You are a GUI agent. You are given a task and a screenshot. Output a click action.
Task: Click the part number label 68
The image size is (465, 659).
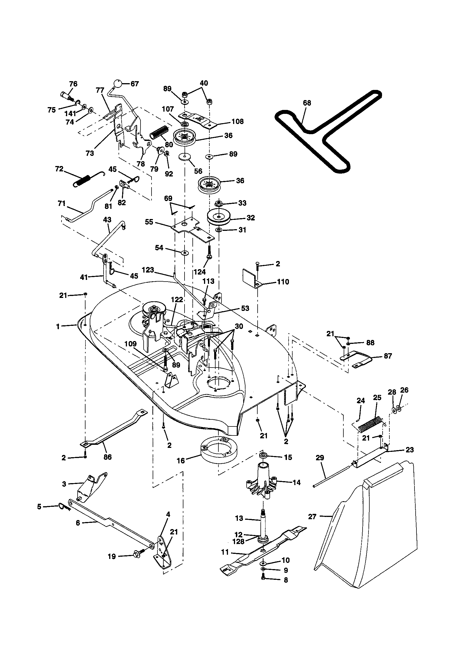pos(307,103)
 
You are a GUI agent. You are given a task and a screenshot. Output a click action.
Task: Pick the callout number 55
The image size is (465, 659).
pos(149,222)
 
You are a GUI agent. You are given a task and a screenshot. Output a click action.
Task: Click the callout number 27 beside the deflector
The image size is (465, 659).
pos(312,517)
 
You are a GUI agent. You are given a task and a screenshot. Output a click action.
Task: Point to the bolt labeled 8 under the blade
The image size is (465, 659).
pos(264,580)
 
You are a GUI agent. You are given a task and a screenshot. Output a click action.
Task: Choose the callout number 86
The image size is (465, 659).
pos(108,457)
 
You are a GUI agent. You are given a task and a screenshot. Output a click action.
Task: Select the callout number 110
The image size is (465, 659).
pos(283,282)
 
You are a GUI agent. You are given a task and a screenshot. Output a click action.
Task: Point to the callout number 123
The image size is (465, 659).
pos(148,270)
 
